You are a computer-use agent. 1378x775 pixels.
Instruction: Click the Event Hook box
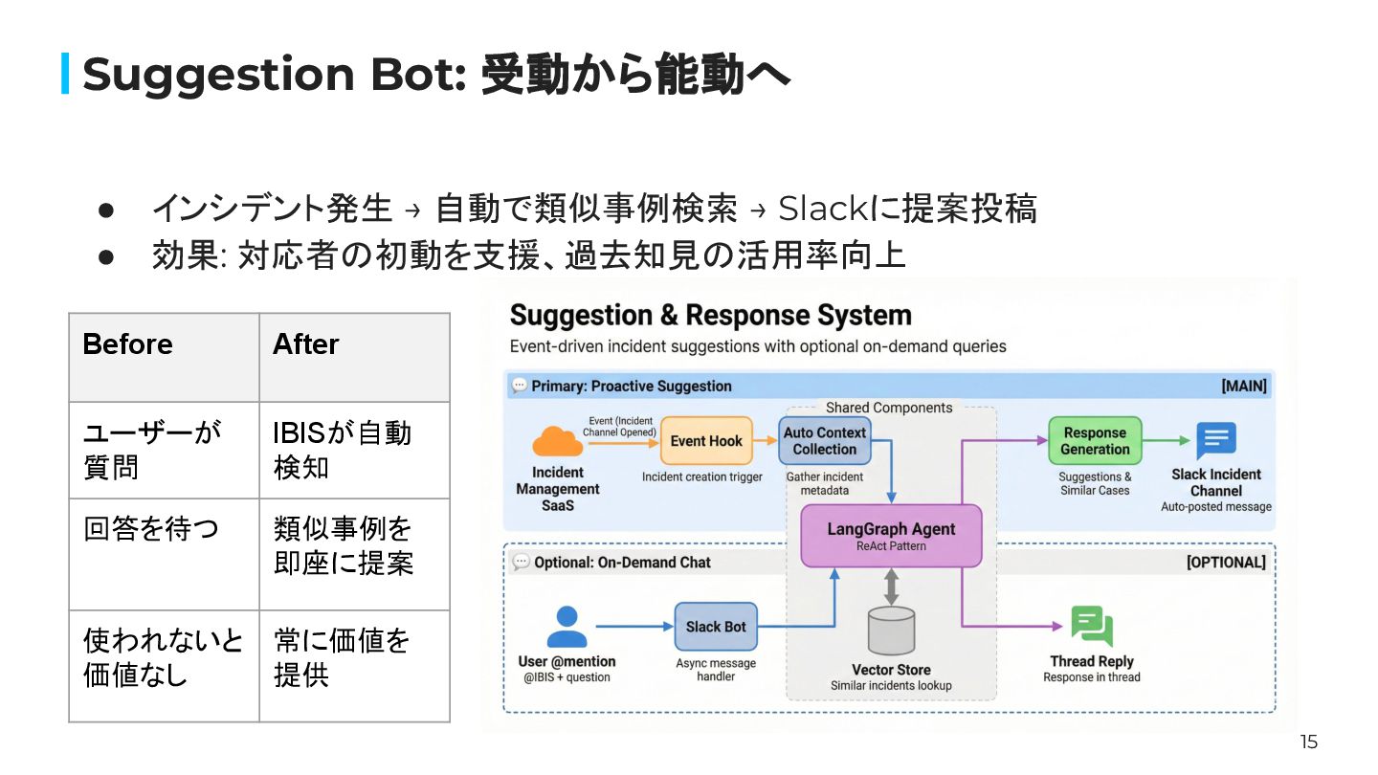tap(706, 441)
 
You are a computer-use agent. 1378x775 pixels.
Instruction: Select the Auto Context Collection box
tap(824, 441)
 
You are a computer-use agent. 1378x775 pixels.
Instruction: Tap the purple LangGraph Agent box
tap(891, 536)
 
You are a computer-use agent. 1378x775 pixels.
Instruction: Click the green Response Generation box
tap(1095, 441)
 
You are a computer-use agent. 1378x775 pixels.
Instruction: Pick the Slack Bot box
tap(716, 627)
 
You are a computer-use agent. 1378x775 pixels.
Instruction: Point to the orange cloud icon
tap(557, 441)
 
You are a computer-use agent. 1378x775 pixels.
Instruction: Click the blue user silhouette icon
tap(567, 628)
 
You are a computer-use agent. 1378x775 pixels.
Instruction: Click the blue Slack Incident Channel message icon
tap(1216, 441)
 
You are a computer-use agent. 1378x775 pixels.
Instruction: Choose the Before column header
tap(128, 344)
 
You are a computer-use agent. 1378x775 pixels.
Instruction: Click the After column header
tap(306, 344)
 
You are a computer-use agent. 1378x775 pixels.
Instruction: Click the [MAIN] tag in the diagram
tap(1243, 386)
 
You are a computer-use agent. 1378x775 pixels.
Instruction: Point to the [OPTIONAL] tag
tap(1225, 562)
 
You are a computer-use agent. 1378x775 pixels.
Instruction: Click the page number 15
tap(1308, 742)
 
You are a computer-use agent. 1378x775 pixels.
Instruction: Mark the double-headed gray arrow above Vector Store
tap(891, 587)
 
